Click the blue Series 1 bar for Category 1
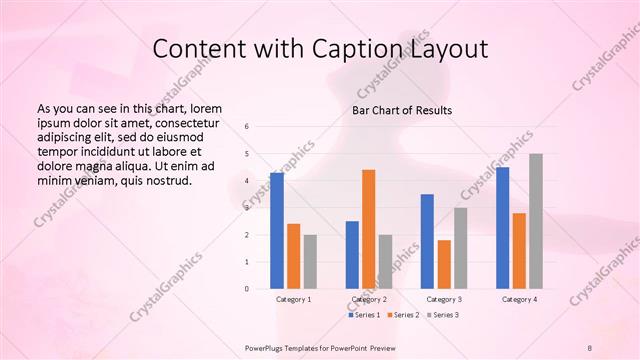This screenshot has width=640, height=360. click(x=277, y=231)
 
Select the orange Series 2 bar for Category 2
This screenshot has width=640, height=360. click(x=368, y=229)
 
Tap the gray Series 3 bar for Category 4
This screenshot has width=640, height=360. click(x=536, y=221)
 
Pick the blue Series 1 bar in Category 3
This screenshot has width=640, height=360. click(x=427, y=241)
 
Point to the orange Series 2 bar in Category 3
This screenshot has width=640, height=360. click(x=444, y=264)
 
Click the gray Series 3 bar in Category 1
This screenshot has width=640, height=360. click(x=310, y=262)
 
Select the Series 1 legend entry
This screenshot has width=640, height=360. click(x=363, y=315)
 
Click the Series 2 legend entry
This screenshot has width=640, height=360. click(x=402, y=315)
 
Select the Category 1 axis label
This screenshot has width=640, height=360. click(x=293, y=299)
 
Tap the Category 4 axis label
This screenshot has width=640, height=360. click(x=519, y=299)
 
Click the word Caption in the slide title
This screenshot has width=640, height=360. click(x=360, y=49)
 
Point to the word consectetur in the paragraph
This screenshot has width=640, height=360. click(x=186, y=121)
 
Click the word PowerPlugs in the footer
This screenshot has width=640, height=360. click(x=267, y=347)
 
